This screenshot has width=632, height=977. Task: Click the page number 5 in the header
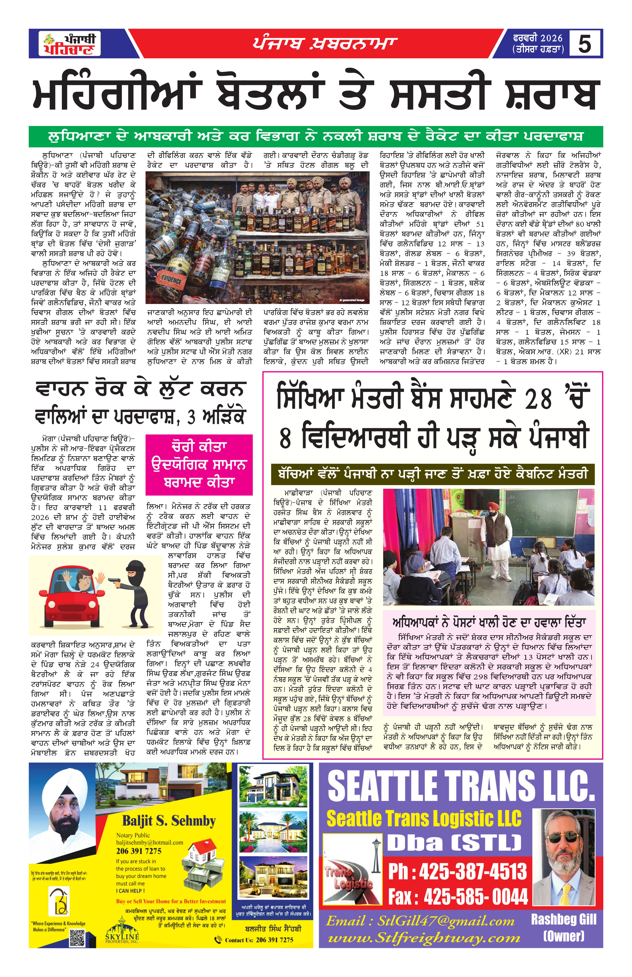584,43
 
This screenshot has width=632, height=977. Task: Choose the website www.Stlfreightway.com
424,938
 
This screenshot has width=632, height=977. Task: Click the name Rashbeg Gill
563,919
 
